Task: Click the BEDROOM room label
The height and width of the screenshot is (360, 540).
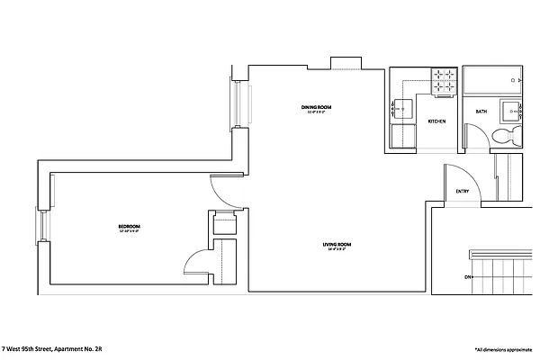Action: click(x=129, y=226)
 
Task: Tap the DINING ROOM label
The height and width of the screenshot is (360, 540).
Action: click(x=317, y=108)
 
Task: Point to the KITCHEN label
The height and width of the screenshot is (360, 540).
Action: click(x=437, y=121)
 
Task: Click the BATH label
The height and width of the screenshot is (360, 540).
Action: click(x=481, y=111)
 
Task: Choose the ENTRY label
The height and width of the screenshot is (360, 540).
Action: click(x=462, y=191)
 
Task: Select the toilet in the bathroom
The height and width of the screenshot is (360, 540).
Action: click(x=507, y=135)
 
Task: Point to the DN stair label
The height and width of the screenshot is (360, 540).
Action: click(x=468, y=276)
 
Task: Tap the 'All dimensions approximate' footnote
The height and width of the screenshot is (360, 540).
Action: click(x=505, y=347)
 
